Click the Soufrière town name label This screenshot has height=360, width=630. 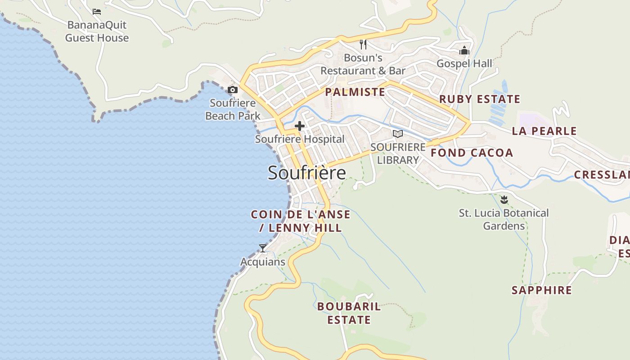[307, 173]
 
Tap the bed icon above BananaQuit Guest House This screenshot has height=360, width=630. [97, 11]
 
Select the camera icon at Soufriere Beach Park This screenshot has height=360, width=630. [233, 90]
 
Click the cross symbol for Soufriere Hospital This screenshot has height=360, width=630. [300, 126]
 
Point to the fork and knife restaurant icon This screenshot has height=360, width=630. [363, 45]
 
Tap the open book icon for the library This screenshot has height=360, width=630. [397, 134]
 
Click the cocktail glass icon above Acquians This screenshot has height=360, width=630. [263, 248]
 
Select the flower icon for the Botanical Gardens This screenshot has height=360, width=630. [504, 199]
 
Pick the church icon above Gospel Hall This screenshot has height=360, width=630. [464, 50]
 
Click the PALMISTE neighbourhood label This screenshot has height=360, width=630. [355, 92]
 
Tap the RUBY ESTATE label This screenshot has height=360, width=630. [480, 99]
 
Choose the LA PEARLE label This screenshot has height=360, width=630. [544, 131]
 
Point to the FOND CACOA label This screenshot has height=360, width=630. [472, 153]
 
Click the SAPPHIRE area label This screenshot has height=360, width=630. [541, 290]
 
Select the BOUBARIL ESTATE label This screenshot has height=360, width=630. [349, 313]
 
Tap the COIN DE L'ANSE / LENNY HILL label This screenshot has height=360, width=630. [301, 221]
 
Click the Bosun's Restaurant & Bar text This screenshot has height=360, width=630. [363, 64]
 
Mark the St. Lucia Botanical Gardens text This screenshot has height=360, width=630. [504, 219]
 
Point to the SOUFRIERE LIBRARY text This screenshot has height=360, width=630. [398, 153]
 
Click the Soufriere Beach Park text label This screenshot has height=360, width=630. [233, 109]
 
